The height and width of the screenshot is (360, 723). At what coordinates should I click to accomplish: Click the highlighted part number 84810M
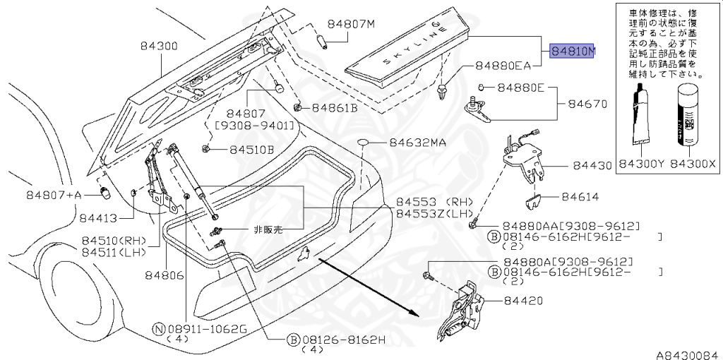(x=573, y=52)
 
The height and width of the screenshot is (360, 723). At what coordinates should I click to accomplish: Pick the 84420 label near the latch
(x=523, y=300)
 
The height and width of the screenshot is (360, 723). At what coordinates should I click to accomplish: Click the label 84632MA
(x=417, y=143)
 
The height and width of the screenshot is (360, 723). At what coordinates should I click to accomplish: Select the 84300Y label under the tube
(x=642, y=163)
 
